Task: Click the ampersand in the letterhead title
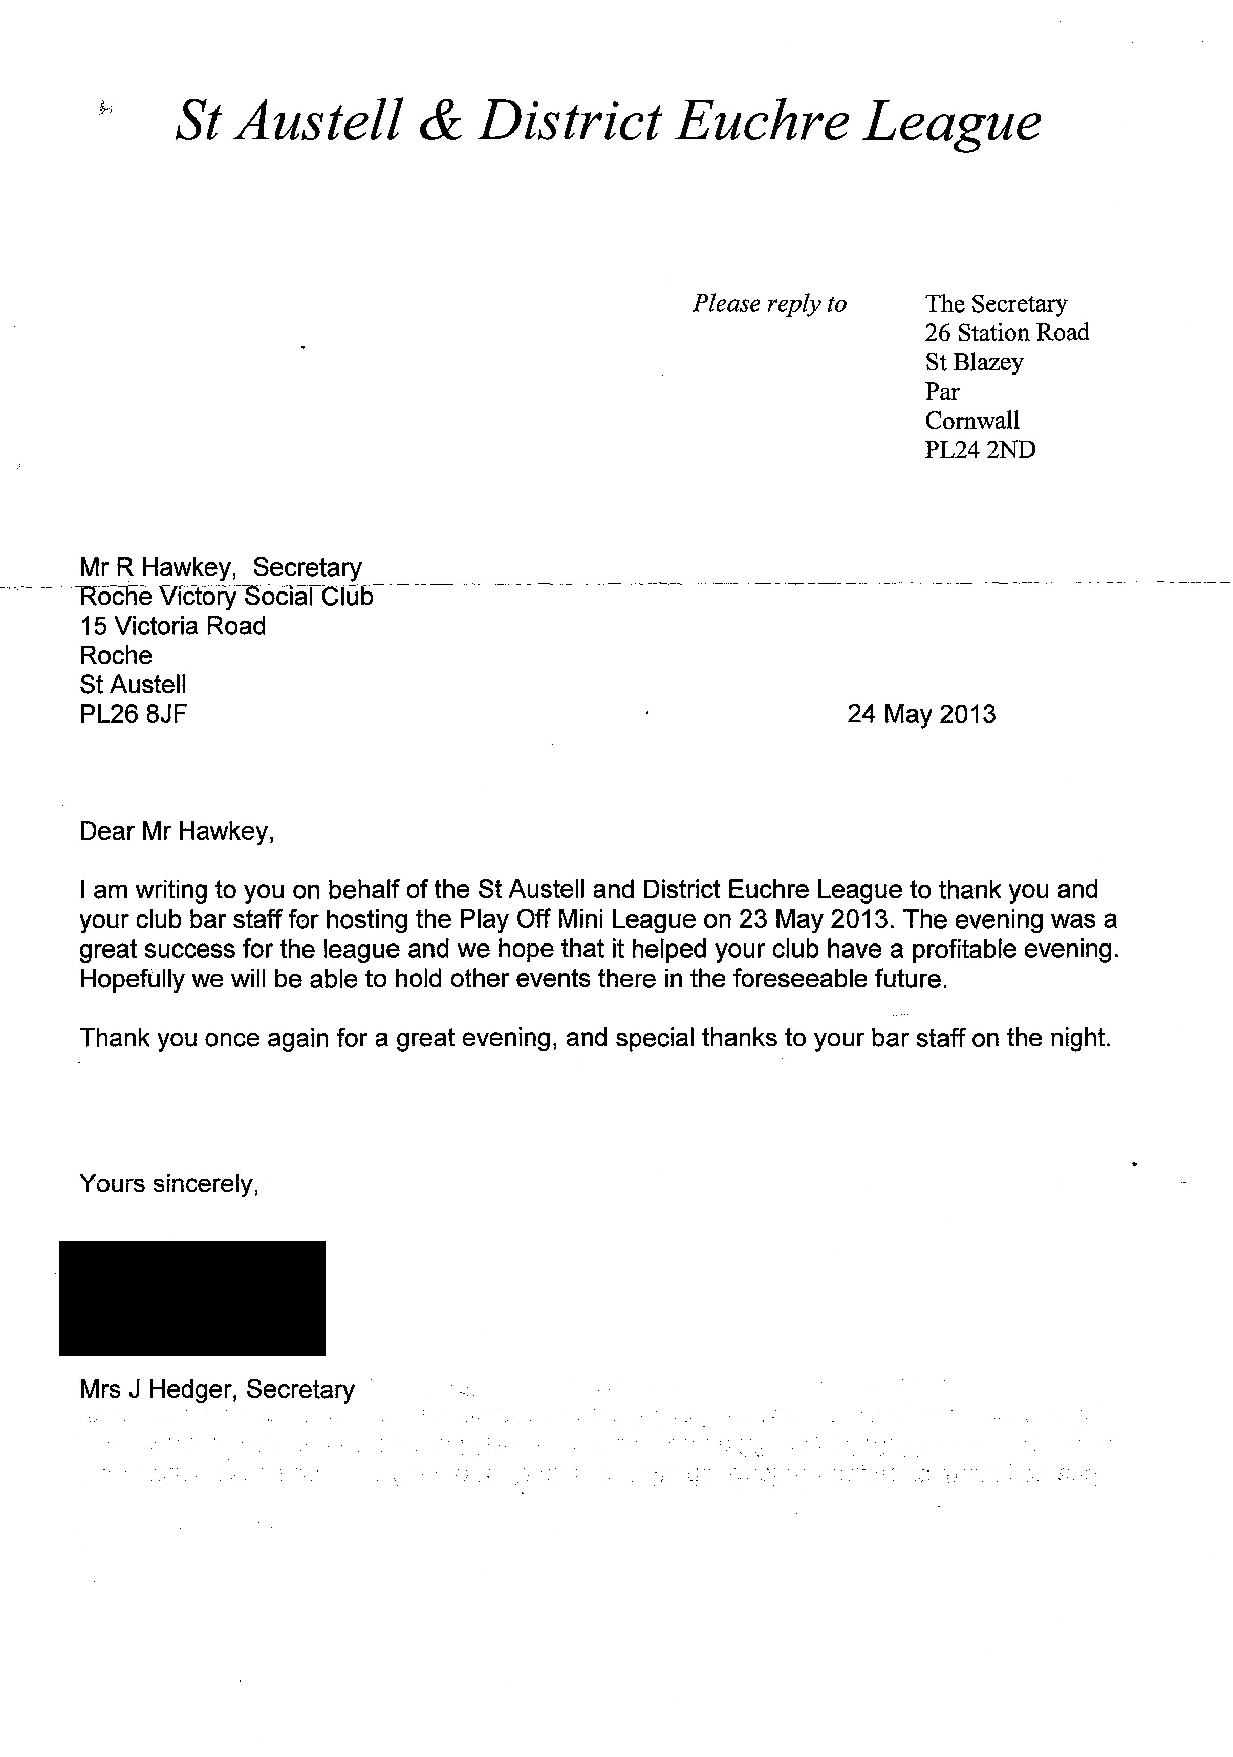440,122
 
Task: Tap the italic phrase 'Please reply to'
769,304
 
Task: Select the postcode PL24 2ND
980,450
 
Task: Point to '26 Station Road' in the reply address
1006,333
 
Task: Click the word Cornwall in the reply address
972,421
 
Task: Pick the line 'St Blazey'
974,362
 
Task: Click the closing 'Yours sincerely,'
169,1184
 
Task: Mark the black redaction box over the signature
192,1298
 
